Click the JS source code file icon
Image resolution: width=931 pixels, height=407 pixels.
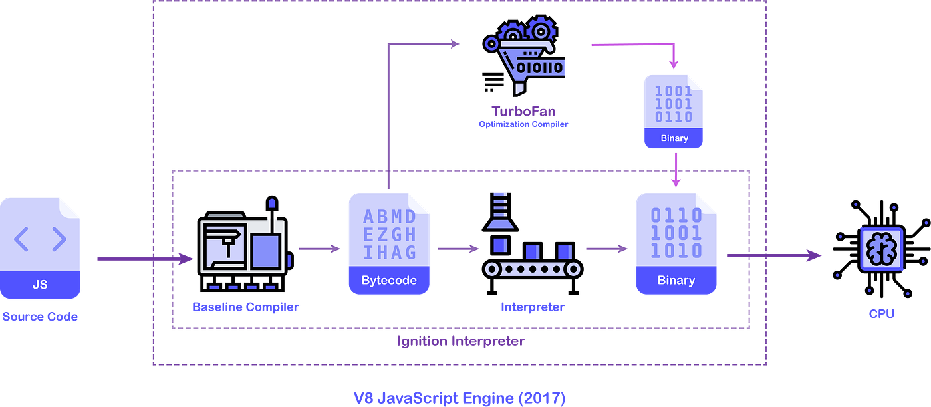tap(41, 247)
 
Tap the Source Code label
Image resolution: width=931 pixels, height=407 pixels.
tap(40, 317)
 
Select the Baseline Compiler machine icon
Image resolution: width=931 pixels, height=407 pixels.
tap(242, 244)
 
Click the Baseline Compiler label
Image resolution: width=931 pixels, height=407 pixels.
tap(245, 307)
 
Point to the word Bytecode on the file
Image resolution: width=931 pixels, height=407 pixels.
tap(389, 280)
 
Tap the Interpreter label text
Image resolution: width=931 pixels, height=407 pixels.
tap(532, 307)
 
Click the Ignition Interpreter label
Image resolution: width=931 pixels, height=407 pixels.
tap(460, 342)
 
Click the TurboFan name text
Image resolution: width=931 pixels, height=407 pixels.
tap(523, 110)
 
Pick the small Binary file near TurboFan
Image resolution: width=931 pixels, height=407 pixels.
tap(674, 110)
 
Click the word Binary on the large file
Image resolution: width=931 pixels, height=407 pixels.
tap(676, 280)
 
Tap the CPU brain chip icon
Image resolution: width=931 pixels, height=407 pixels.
tap(881, 249)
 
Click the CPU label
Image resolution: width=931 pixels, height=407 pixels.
tap(882, 313)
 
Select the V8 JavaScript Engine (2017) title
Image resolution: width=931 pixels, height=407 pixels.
tap(460, 398)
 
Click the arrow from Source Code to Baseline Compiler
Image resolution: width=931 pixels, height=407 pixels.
tap(143, 259)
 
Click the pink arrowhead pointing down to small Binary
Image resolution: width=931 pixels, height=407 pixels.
tap(674, 65)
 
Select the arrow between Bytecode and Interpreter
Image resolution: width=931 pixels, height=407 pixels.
tap(458, 249)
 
